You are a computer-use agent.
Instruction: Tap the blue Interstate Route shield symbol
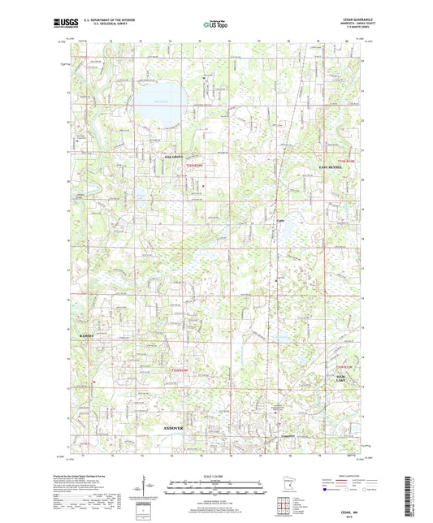click(x=327, y=491)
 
